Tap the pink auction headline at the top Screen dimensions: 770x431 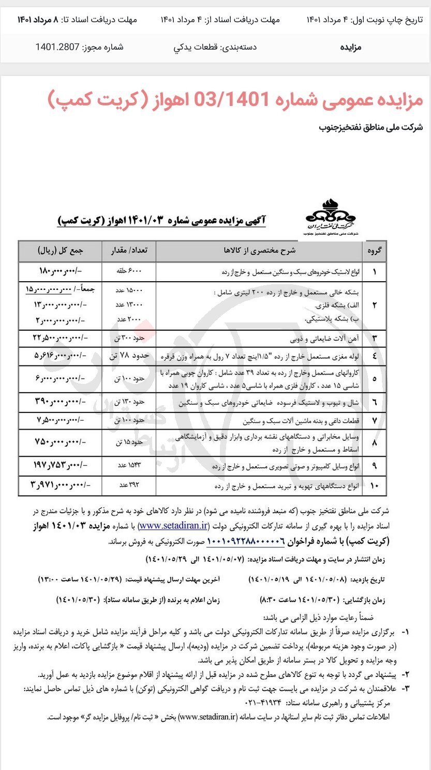pos(235,100)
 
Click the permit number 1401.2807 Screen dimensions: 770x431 pos(57,48)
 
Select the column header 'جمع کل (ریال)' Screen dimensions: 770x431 pos(61,251)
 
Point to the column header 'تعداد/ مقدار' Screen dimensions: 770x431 pos(130,251)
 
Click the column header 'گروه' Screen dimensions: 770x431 pos(374,251)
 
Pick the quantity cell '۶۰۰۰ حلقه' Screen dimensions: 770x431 pos(130,271)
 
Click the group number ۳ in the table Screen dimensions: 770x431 pos(374,338)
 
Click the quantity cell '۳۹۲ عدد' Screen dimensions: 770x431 pos(130,486)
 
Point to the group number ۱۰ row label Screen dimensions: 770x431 pos(374,486)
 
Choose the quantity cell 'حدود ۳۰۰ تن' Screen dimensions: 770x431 pos(130,338)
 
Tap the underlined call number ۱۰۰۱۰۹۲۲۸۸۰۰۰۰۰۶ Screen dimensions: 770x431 pos(246,541)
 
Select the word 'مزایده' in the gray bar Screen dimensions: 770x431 pos(350,48)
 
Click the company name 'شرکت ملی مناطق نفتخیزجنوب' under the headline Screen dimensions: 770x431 pos(371,127)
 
